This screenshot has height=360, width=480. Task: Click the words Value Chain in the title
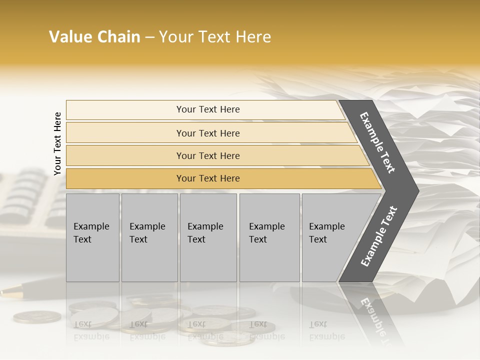pos(94,37)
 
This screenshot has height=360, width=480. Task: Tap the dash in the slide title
pos(149,37)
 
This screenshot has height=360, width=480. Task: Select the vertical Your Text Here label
pos(57,143)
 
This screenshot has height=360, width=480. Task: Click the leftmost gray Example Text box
pos(92,237)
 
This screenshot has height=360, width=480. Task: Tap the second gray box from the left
pos(149,237)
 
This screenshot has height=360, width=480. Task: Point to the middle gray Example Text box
pos(208,237)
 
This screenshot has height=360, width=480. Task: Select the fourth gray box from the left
pos(269,237)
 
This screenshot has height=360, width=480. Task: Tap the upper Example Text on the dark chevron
pos(377,142)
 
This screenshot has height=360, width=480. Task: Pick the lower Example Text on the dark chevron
pos(378,236)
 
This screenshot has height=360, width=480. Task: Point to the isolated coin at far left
pos(37,316)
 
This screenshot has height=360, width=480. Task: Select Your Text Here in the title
pos(215,37)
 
